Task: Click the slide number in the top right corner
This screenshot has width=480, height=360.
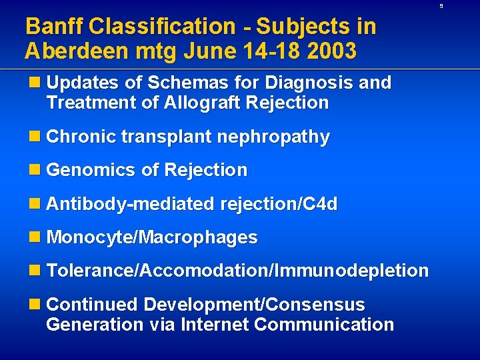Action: coord(459,6)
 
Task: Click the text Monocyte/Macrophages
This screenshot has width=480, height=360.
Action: coord(152,237)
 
